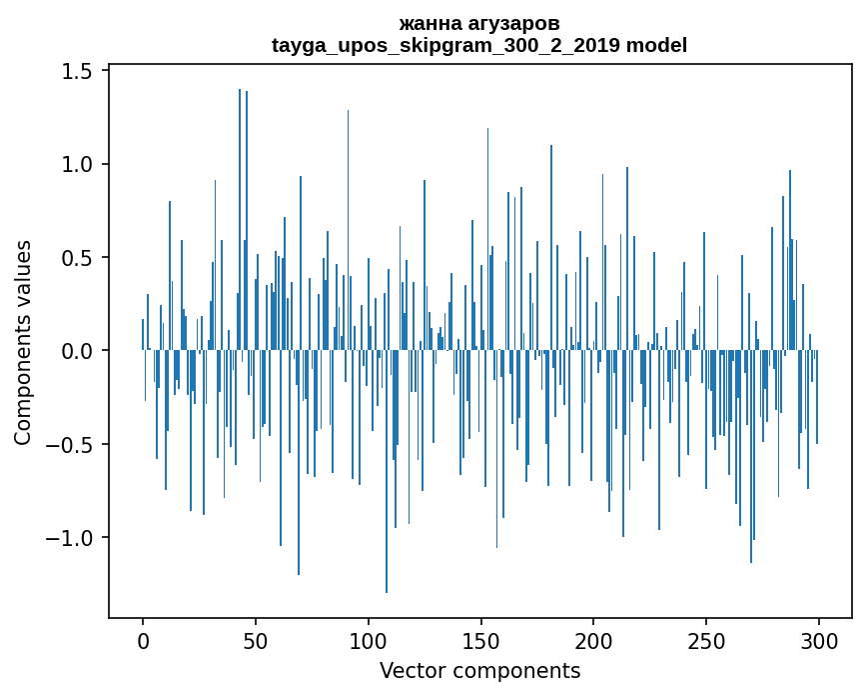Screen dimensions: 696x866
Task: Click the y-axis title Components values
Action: click(23, 342)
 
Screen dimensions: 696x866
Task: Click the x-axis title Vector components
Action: click(479, 670)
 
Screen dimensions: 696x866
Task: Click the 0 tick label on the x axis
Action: click(143, 640)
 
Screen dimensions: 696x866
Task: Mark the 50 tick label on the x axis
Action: click(256, 640)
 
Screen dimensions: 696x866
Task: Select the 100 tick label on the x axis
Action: click(369, 640)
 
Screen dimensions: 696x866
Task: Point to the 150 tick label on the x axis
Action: click(480, 640)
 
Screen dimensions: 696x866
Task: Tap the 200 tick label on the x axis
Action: click(593, 640)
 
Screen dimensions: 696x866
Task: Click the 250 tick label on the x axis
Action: click(706, 640)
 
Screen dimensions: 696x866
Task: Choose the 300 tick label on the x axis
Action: click(819, 640)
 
